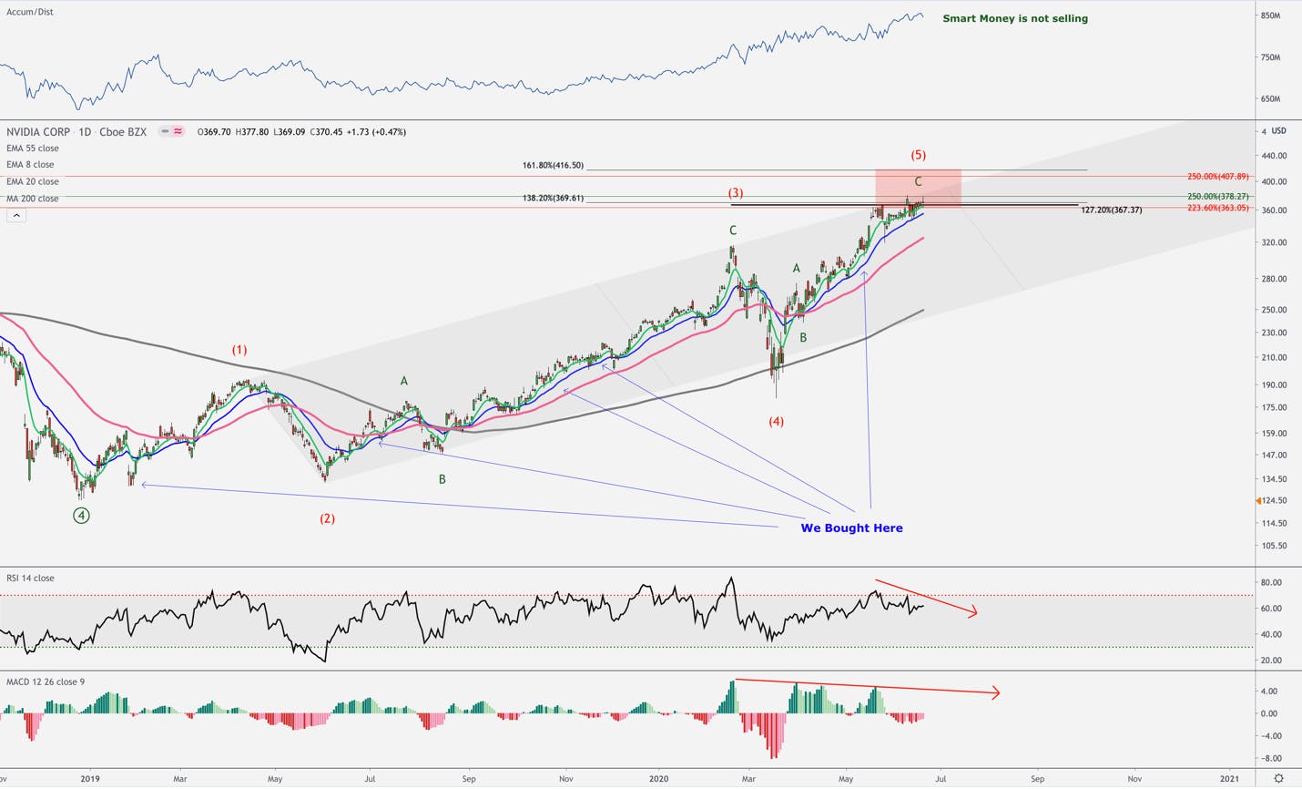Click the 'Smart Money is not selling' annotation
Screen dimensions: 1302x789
1015,18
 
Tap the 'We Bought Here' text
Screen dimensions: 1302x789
851,528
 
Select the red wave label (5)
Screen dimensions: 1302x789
919,155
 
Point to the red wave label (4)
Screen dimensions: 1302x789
777,422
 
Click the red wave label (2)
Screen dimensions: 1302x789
327,518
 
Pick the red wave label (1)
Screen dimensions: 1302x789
239,350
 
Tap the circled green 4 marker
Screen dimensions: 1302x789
81,515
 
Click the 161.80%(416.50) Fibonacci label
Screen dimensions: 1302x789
553,166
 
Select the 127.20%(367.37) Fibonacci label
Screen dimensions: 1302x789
1112,210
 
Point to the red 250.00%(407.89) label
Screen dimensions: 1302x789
1217,176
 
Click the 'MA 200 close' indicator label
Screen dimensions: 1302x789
33,199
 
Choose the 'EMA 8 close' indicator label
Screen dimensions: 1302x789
30,165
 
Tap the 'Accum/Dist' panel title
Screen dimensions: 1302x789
30,12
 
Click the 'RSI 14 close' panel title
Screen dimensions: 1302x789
30,578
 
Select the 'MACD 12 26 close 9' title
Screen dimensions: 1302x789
46,681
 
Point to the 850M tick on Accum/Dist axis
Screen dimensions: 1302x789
1271,15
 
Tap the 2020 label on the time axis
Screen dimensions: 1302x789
659,779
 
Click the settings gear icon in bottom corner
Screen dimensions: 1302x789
1278,778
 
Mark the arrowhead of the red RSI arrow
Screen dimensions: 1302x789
976,612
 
